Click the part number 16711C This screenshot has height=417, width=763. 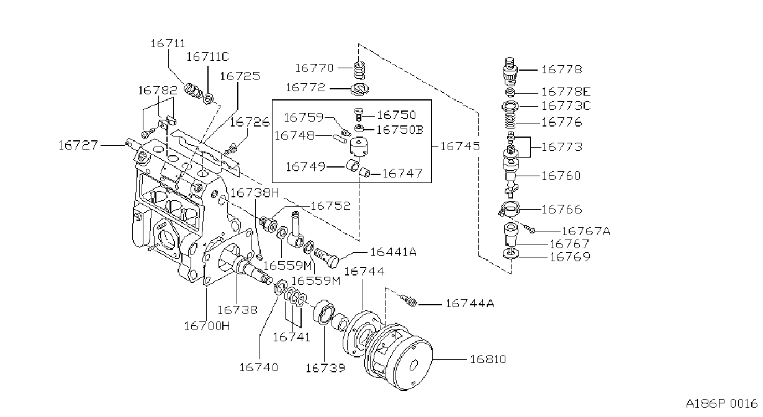tap(207, 56)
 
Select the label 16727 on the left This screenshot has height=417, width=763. tap(78, 145)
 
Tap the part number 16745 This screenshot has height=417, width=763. tap(460, 146)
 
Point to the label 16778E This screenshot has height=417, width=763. tap(566, 92)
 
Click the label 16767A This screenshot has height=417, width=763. tap(585, 231)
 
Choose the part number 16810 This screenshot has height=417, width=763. tap(488, 359)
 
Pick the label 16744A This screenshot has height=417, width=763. tap(470, 303)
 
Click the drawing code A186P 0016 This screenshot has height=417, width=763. tap(721, 404)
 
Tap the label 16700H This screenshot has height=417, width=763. tap(207, 326)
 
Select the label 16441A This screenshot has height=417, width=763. tap(393, 252)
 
